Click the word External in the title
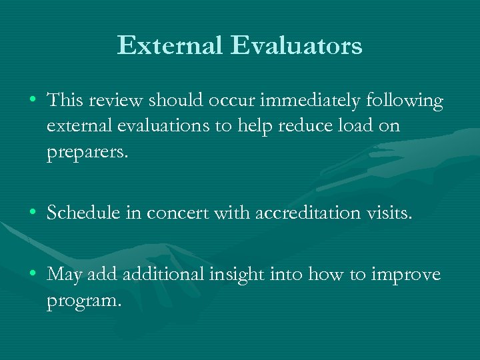[x=169, y=45]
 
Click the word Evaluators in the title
[x=297, y=45]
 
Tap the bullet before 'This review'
[x=32, y=101]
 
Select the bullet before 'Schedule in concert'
[x=32, y=213]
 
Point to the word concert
[x=178, y=213]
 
